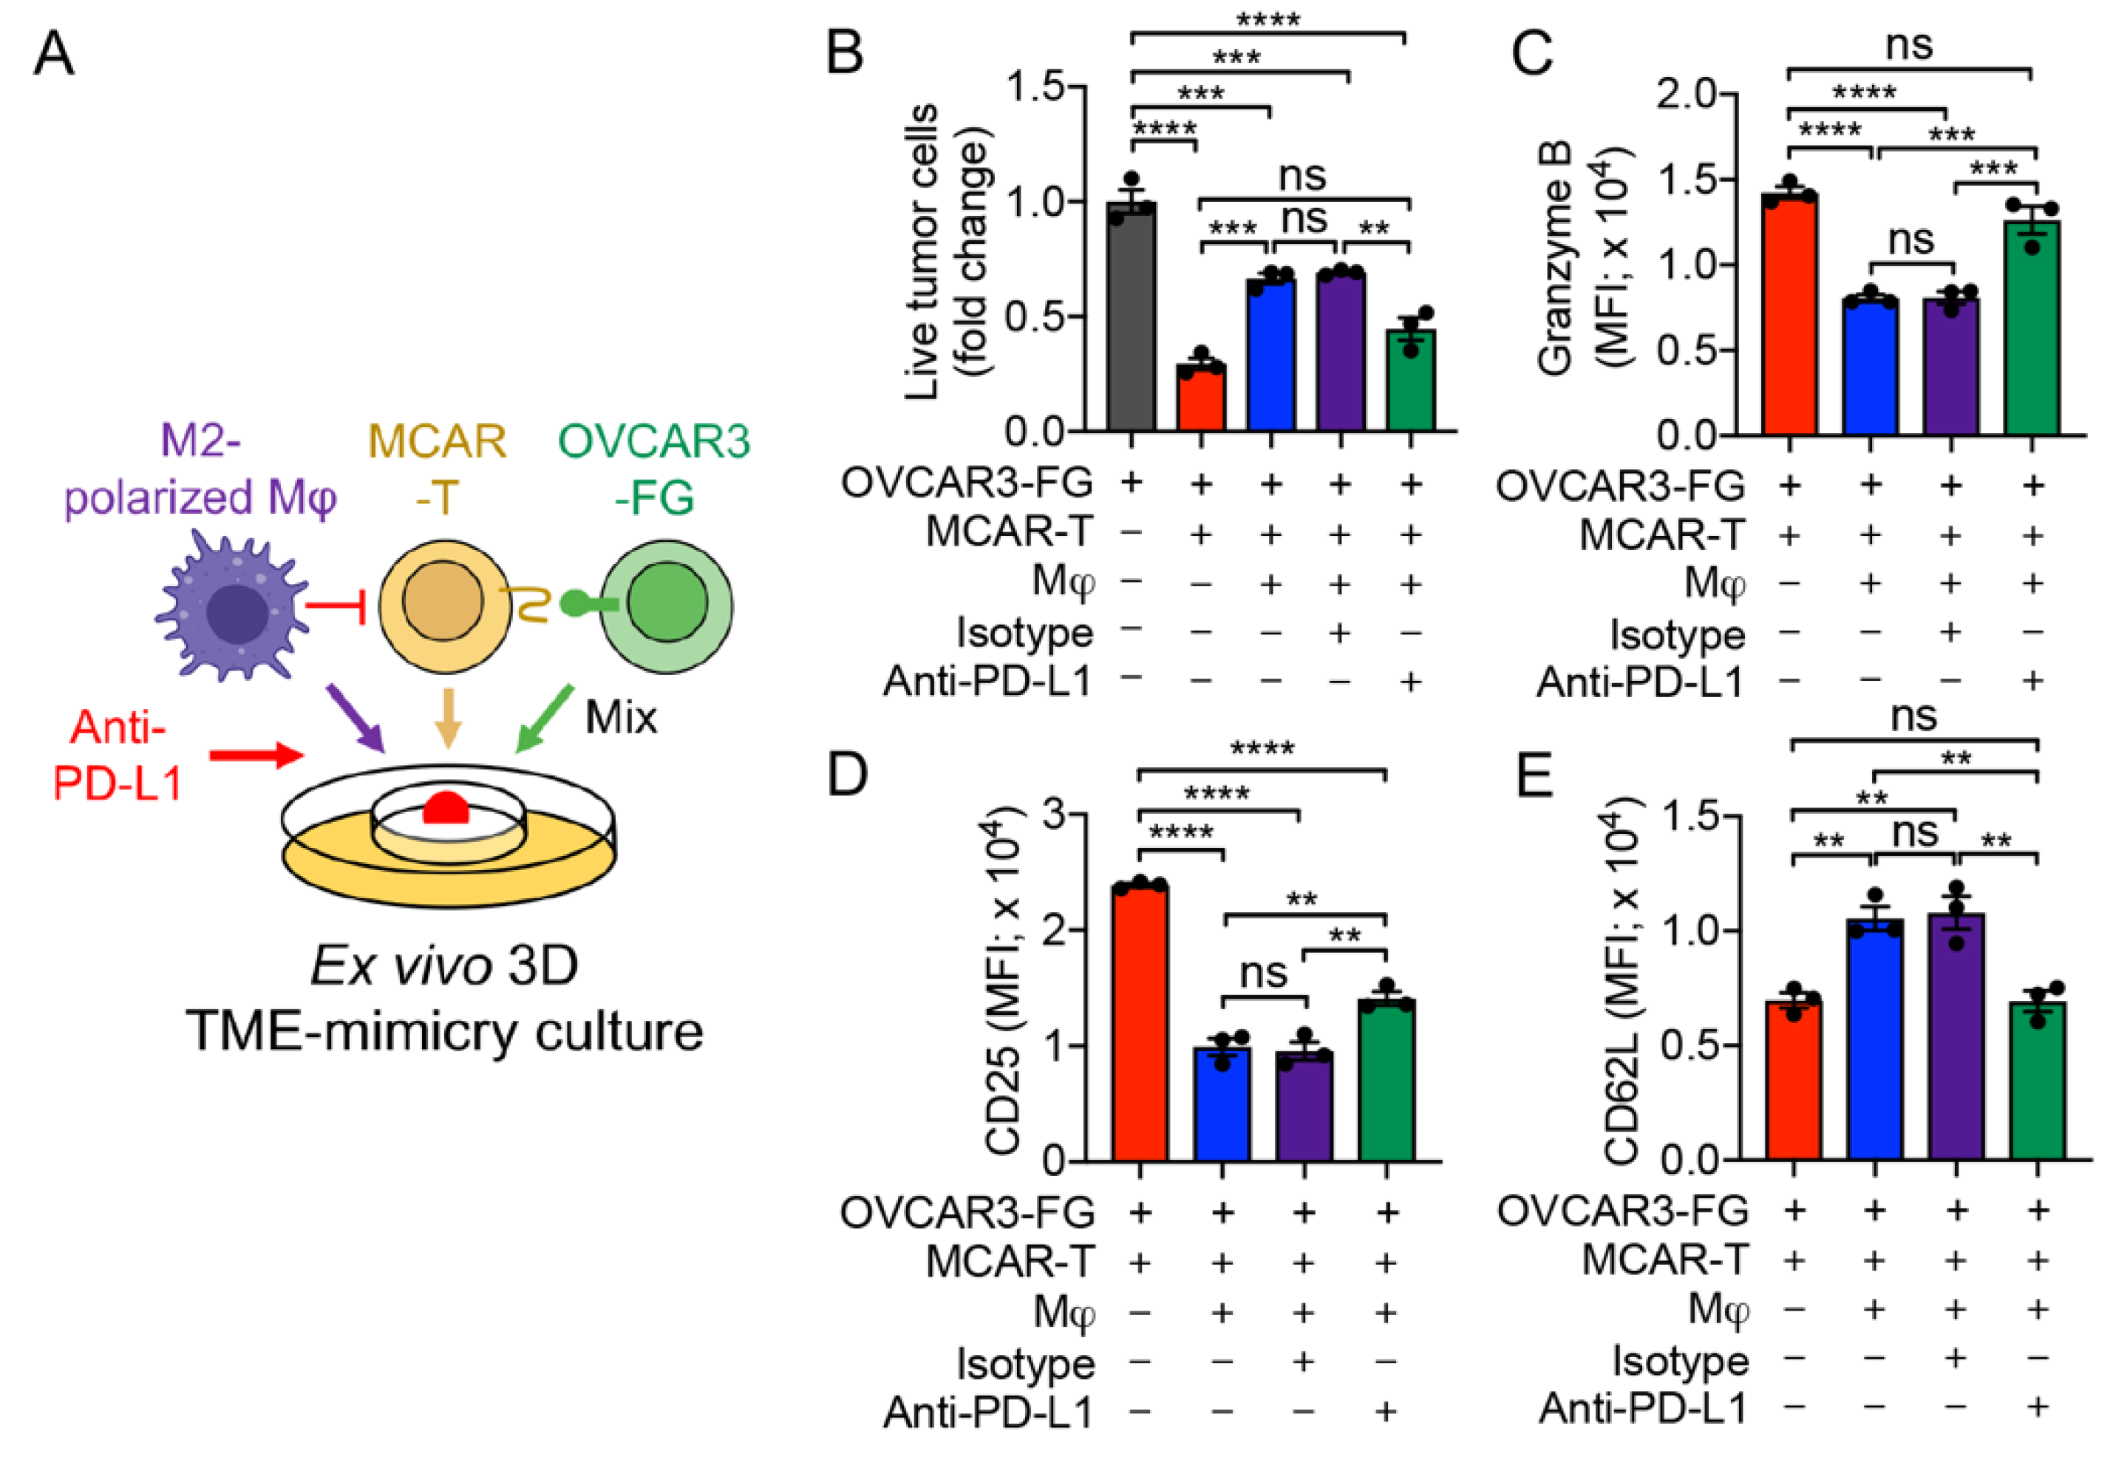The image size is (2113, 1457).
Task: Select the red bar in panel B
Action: (1200, 397)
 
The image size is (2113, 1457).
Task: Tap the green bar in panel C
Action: (2032, 329)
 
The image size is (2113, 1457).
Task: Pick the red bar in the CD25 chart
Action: (1139, 1022)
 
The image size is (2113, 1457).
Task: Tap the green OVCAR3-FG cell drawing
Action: (667, 605)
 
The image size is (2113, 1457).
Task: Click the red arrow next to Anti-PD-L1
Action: (256, 755)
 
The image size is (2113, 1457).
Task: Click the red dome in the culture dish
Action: (446, 809)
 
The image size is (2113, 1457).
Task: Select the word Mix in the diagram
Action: (621, 718)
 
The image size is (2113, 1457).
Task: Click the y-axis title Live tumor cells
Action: (922, 251)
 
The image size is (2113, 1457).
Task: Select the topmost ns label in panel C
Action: (1910, 44)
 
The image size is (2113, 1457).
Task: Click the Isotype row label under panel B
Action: (1024, 633)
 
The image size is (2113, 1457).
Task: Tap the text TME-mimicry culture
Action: (444, 1032)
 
